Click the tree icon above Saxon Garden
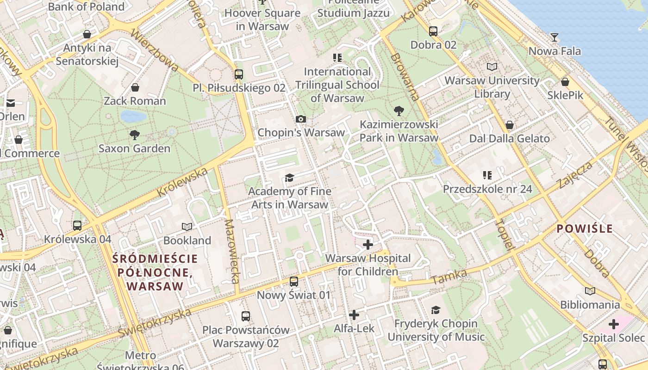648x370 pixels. [x=135, y=135]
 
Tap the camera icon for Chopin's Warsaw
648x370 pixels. [x=301, y=119]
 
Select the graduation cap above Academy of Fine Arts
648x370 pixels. [x=289, y=178]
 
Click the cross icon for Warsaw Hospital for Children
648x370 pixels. [x=368, y=244]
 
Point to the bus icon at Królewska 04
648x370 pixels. [x=77, y=226]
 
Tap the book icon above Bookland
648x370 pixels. [x=187, y=227]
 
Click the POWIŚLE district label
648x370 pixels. [x=585, y=228]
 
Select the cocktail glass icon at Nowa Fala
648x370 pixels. [x=555, y=37]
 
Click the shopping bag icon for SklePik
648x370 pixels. [x=565, y=82]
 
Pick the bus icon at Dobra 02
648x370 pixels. [x=433, y=31]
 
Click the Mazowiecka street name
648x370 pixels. [x=231, y=251]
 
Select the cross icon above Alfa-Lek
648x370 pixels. [x=354, y=315]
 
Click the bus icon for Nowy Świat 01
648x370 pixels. [x=294, y=282]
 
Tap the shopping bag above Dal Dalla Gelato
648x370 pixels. [x=510, y=125]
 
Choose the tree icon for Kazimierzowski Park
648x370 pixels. [x=399, y=111]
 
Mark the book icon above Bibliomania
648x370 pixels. [x=590, y=291]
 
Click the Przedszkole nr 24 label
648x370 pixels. [x=487, y=189]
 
